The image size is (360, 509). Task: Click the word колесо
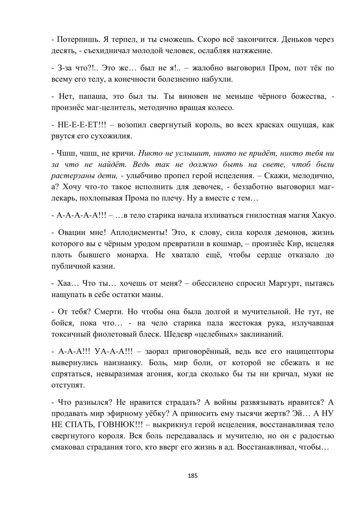click(220, 107)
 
